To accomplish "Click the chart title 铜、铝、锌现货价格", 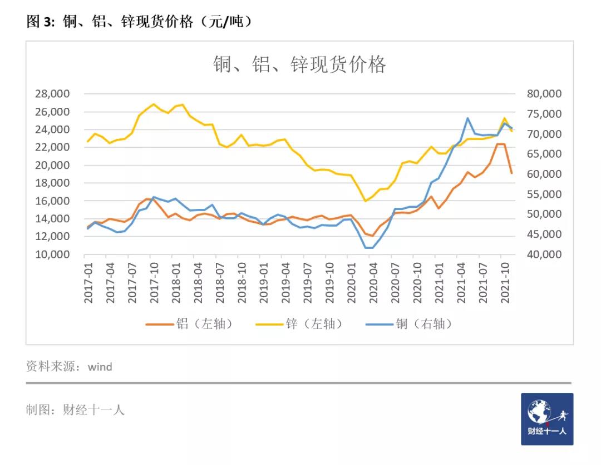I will [299, 65].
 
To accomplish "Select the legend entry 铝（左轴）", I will [189, 324].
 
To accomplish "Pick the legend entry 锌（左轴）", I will [299, 324].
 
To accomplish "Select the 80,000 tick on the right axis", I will [544, 93].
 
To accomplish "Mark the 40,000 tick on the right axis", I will [544, 254].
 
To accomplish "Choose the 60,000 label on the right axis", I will [544, 174].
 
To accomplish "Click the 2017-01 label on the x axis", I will [88, 283].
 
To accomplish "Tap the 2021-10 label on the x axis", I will [505, 283].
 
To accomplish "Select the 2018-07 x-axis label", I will [220, 283].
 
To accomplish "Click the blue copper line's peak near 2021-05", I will [468, 118].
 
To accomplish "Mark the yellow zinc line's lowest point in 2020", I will [366, 201].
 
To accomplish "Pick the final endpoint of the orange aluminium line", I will [512, 173].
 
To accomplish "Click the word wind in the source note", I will [100, 367].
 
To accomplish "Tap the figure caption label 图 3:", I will [41, 22].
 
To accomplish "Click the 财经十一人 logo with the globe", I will [546, 419].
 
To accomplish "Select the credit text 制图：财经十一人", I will [75, 410].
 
